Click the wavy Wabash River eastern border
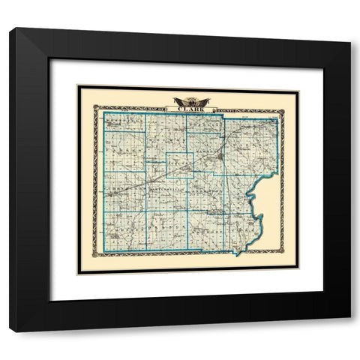(257, 202)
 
